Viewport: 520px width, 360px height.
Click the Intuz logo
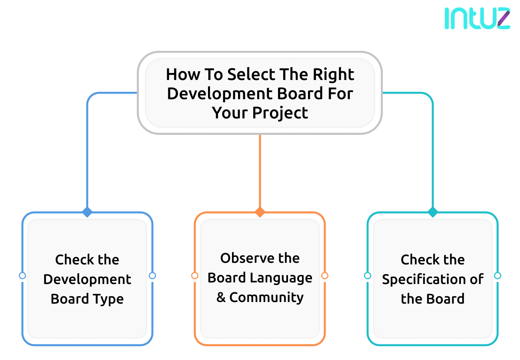tap(477, 18)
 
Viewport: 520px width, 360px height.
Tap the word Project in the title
tap(280, 113)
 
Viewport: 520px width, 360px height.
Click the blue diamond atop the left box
tap(87, 212)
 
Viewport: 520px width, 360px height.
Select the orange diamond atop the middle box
tap(260, 212)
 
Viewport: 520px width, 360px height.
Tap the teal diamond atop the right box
tap(432, 212)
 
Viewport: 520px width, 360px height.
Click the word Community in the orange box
tap(266, 298)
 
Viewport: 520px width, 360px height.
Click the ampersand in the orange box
tap(221, 298)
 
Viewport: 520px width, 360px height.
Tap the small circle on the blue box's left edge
tap(22, 276)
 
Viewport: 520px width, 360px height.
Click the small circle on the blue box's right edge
tap(152, 276)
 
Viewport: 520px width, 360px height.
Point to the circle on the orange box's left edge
tap(195, 276)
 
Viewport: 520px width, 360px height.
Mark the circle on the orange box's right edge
tap(325, 276)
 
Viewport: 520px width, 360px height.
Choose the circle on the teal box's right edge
tap(498, 276)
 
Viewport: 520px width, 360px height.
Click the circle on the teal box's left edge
tap(368, 276)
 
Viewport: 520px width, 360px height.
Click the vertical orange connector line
tap(260, 172)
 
